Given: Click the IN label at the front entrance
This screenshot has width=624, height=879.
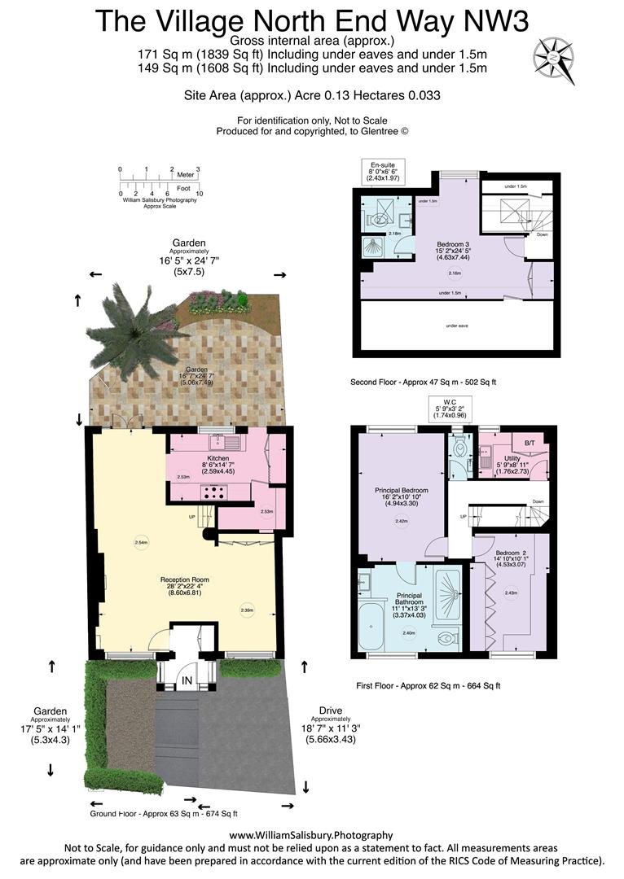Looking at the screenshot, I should click(188, 680).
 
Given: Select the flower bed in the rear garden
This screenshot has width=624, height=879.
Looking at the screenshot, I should click(218, 303).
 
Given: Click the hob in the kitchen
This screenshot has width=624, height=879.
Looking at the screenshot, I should click(214, 492).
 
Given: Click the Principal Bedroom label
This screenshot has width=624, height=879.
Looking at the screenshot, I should click(401, 491).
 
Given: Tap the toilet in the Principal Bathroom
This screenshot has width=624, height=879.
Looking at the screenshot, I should click(445, 637).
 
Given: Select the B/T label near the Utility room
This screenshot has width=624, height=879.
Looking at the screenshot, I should click(530, 443).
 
